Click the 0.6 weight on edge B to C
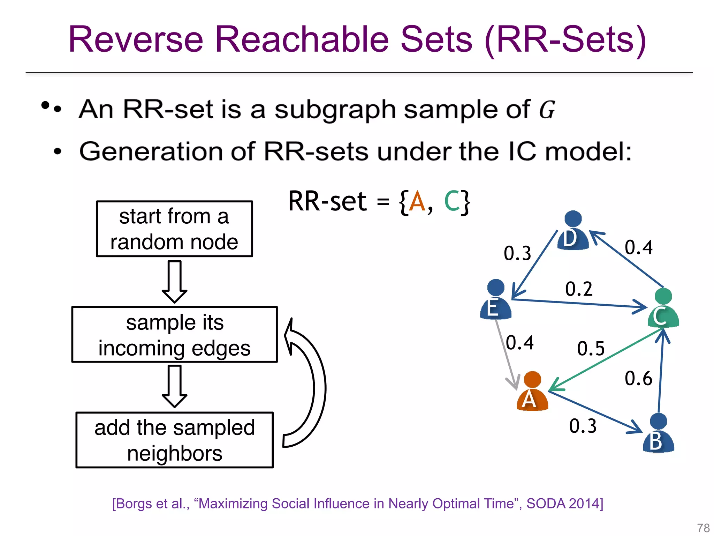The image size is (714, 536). (638, 379)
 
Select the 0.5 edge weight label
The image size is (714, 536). (591, 349)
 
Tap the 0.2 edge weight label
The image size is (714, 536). (579, 289)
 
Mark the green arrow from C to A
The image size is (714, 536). (607, 359)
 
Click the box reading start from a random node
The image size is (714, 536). (174, 229)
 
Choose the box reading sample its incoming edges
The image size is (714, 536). (174, 335)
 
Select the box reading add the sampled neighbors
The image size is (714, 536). (174, 440)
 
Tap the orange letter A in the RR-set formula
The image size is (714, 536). (417, 202)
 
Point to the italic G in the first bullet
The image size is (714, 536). (547, 110)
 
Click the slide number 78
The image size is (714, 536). (703, 528)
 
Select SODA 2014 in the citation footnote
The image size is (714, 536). (564, 504)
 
